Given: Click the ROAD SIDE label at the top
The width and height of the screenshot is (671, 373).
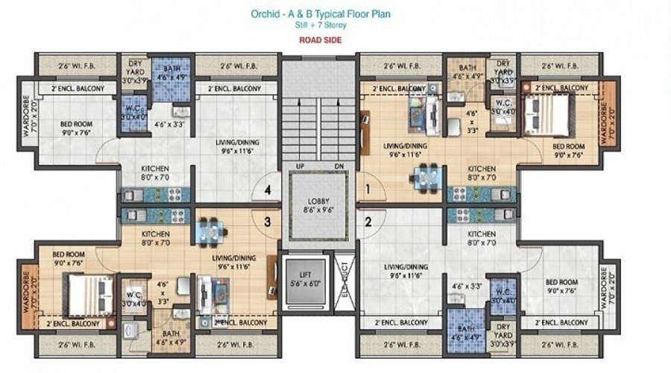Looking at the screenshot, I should click(x=321, y=40).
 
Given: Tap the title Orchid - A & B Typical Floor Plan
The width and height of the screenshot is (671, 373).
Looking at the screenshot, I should click(x=321, y=13).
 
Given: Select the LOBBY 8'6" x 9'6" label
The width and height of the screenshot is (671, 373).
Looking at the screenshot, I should click(x=319, y=205).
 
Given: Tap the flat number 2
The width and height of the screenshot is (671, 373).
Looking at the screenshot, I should click(x=368, y=221).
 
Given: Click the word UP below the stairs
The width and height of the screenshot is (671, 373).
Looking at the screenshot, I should click(x=299, y=166).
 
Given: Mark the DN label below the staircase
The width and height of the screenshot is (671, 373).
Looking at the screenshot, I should click(x=338, y=166).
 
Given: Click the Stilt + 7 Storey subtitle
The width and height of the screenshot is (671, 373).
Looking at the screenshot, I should click(x=321, y=25).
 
